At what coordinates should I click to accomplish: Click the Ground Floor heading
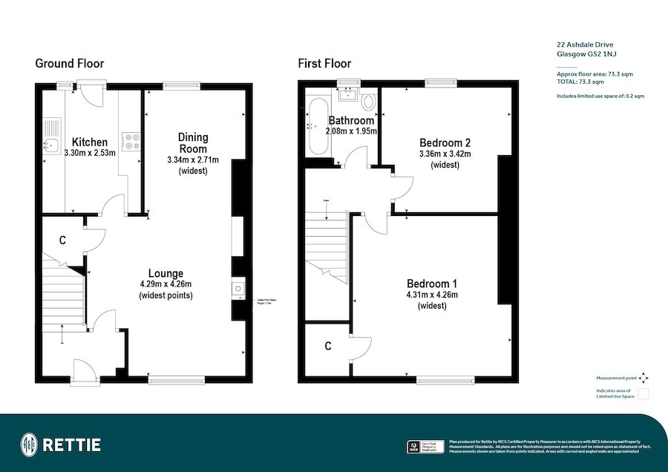coord(70,64)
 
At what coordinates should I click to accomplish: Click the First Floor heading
coord(324,64)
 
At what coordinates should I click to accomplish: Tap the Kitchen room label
coord(89,142)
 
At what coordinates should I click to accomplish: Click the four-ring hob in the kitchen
coord(132,141)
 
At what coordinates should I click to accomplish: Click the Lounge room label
coord(166,273)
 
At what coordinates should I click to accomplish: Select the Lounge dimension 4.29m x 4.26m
coord(166,284)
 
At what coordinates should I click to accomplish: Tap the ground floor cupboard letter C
coord(63,240)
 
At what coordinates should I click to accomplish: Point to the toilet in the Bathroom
coord(368,99)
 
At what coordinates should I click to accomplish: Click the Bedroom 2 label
coord(445,142)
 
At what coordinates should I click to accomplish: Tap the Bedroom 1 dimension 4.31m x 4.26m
coord(432,295)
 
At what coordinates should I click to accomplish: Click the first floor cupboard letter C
coord(327,347)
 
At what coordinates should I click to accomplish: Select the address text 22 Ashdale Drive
coord(584,45)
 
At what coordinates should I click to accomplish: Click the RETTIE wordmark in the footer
coord(71,445)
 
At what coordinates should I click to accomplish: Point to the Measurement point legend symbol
coord(644,377)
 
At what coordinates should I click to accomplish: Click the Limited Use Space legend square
coord(644,393)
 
